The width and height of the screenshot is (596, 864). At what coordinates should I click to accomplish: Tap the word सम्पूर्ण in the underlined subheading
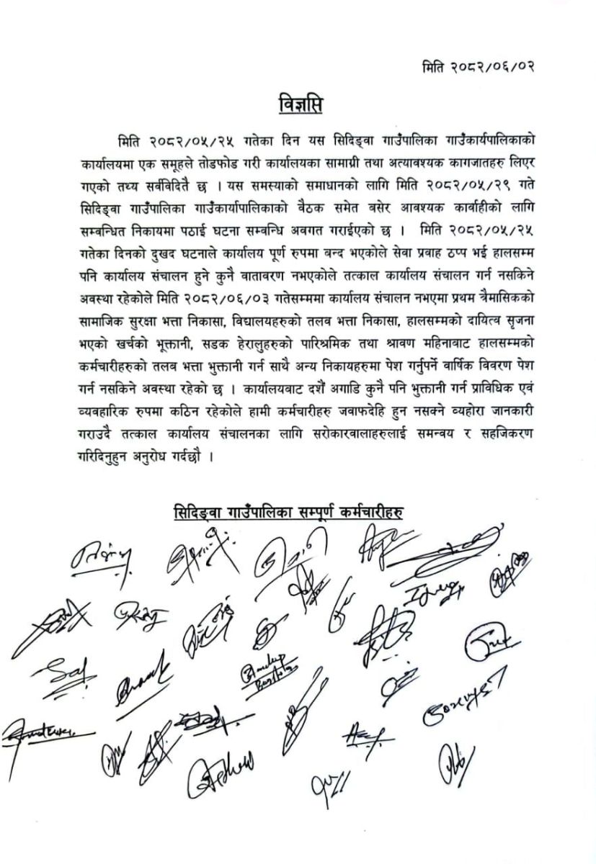point(321,512)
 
